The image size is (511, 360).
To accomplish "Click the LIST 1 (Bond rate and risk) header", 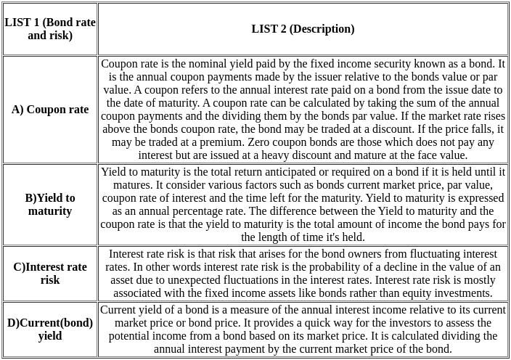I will click(x=50, y=29).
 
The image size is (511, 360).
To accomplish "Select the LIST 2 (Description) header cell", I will click(x=303, y=29).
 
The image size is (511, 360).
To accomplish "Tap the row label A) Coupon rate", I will click(x=50, y=110).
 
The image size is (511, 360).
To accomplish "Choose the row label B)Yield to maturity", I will click(x=50, y=205).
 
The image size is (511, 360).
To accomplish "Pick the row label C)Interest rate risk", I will click(x=50, y=274).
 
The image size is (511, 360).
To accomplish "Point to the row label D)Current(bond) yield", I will click(x=50, y=330).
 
